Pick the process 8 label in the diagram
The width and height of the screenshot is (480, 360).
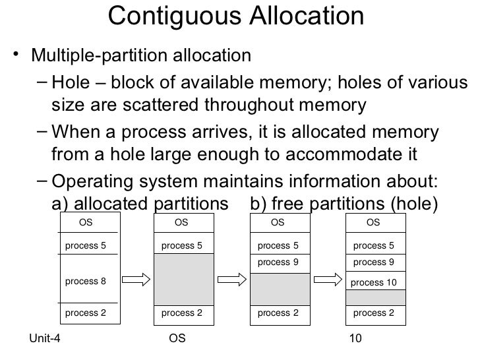pos(86,282)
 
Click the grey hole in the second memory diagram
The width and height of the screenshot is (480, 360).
pos(183,279)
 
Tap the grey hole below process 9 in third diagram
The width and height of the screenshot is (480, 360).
pos(278,288)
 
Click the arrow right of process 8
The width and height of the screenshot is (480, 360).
pos(136,281)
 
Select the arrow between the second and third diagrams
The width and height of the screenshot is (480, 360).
pos(231,281)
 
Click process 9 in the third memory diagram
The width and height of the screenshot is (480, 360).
pos(278,262)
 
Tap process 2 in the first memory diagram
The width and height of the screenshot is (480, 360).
pos(86,313)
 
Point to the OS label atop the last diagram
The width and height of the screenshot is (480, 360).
pos(373,223)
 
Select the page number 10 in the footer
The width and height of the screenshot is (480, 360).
pos(356,339)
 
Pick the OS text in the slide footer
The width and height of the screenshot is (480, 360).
pos(177,339)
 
